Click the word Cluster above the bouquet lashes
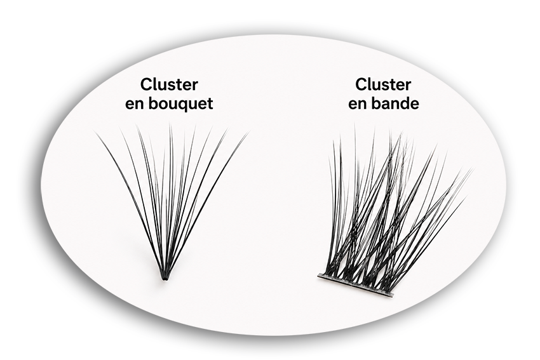click(x=169, y=84)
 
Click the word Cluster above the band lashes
click(x=383, y=84)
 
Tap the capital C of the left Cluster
click(x=147, y=84)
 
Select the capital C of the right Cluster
click(x=361, y=84)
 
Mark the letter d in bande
click(x=403, y=103)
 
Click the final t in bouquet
click(x=210, y=104)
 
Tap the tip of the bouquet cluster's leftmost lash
click(x=93, y=130)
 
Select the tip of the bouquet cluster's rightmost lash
click(x=249, y=130)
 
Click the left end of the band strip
click(x=318, y=276)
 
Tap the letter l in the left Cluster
click(x=157, y=84)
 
